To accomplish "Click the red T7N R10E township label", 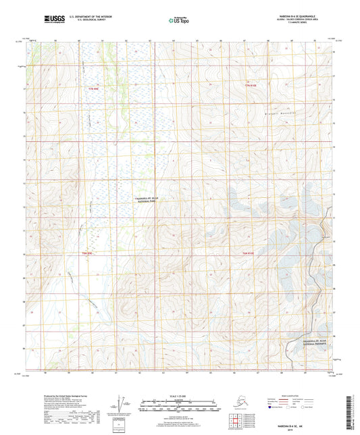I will click(x=252, y=85).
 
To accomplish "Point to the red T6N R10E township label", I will click(x=249, y=253).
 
